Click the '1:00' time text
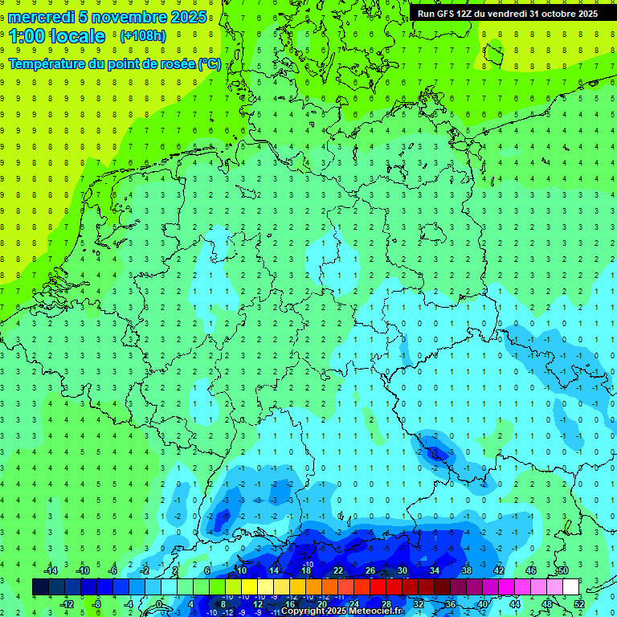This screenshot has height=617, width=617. pos(27,36)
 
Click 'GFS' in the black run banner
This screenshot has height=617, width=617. pos(449,13)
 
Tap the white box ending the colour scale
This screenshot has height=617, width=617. pos(570,586)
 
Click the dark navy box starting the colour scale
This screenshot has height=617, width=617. pos(40,586)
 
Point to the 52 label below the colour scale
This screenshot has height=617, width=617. pos(579,603)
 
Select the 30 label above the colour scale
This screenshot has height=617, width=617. pos(402,570)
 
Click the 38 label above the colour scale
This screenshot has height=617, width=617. pos(466,570)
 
